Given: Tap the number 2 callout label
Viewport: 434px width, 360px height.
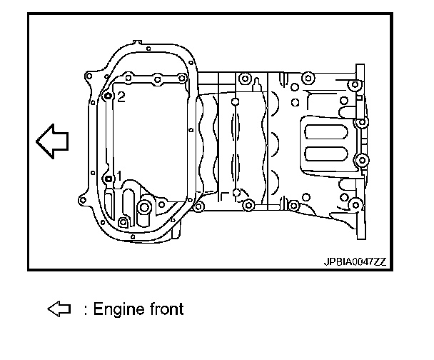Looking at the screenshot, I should pyautogui.click(x=121, y=97).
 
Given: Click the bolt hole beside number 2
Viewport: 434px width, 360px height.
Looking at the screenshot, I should pyautogui.click(x=108, y=96).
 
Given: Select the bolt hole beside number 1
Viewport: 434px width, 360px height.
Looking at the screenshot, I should pyautogui.click(x=108, y=178).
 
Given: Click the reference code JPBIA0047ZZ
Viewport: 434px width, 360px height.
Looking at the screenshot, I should pyautogui.click(x=354, y=262).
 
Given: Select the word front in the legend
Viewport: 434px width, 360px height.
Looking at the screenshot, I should pyautogui.click(x=166, y=309).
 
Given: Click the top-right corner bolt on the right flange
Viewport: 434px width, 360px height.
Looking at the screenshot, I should pyautogui.click(x=353, y=86).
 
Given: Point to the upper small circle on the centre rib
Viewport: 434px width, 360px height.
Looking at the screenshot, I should pyautogui.click(x=235, y=99).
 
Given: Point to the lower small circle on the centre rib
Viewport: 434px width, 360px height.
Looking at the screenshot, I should pyautogui.click(x=235, y=192).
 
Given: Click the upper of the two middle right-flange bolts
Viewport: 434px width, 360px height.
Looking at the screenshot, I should pyautogui.click(x=361, y=122).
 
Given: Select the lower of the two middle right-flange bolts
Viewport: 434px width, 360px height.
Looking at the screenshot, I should pyautogui.click(x=361, y=159).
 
